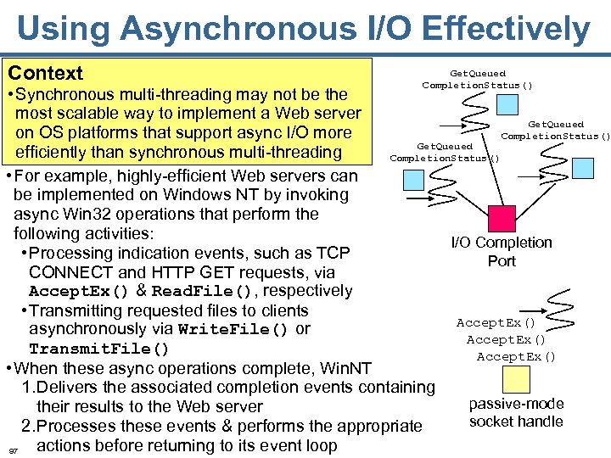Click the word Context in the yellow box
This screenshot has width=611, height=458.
pos(46,74)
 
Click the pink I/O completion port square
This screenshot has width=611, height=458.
pos(502,218)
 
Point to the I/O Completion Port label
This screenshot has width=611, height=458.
pos(501,251)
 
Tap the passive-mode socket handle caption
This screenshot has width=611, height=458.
pos(515,412)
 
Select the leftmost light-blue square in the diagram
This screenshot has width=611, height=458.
pos(416,179)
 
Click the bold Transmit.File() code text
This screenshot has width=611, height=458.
pos(99,349)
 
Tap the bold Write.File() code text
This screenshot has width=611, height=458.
pos(233,329)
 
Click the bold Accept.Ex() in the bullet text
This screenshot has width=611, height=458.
pos(78,291)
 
